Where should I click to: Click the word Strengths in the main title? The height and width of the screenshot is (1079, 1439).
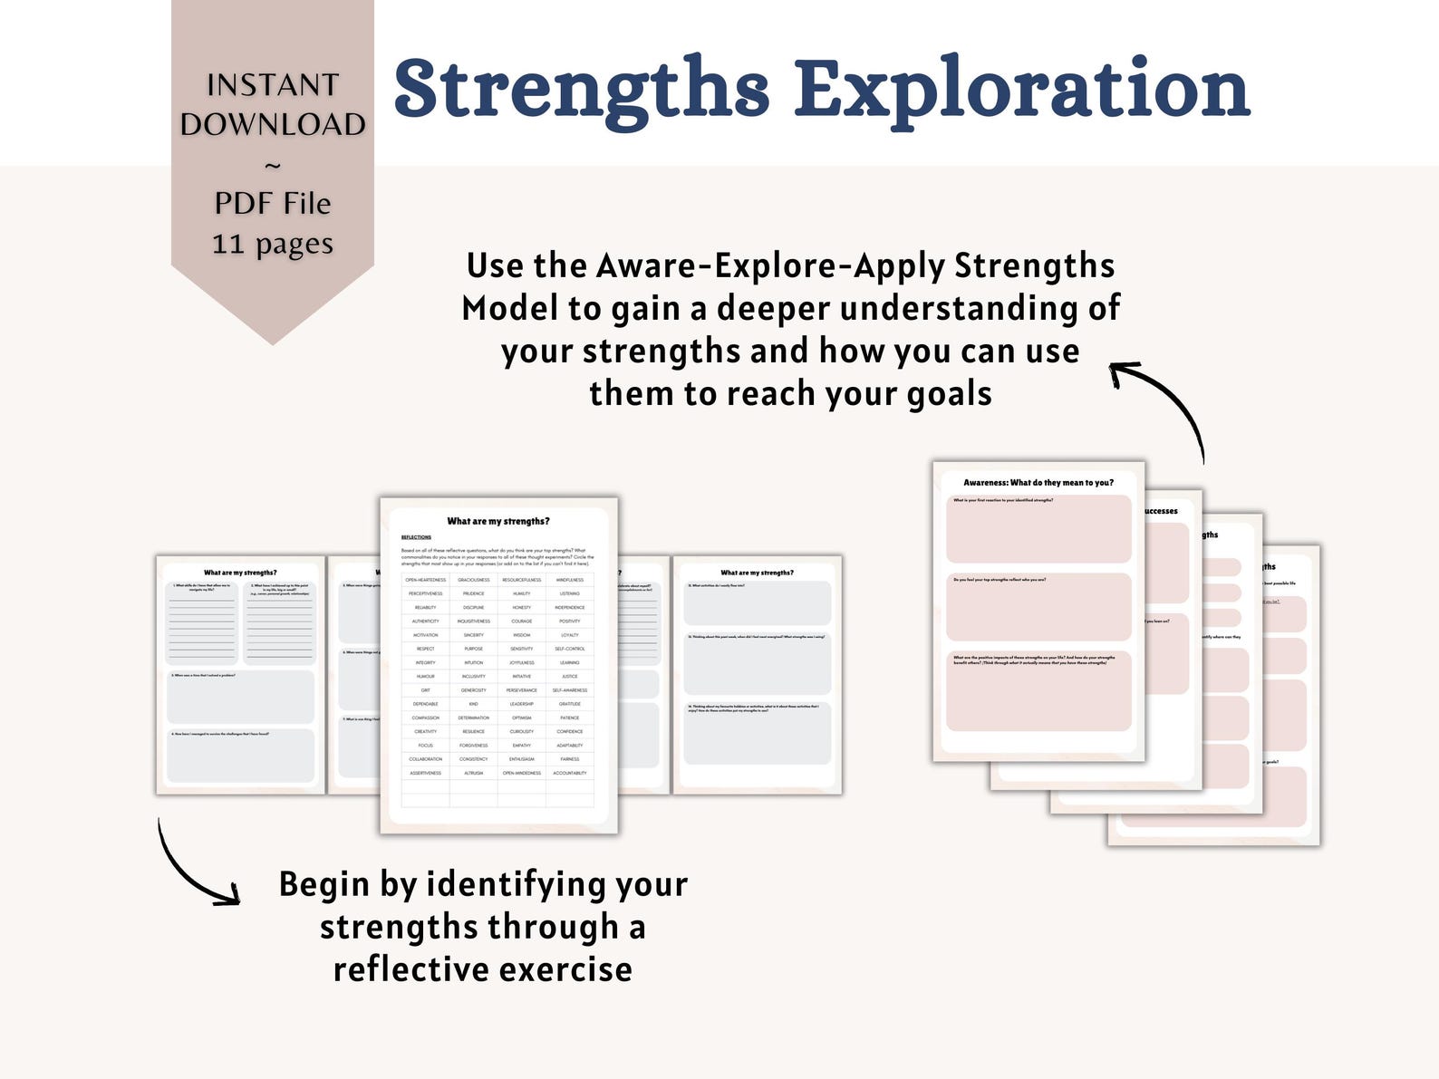tap(581, 89)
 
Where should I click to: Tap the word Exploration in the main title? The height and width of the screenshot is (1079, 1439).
tap(1022, 89)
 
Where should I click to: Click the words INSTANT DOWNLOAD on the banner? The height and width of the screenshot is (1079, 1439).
tap(273, 104)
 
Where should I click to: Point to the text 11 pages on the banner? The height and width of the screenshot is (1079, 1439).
tap(273, 243)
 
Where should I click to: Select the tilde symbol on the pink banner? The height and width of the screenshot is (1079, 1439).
tap(273, 165)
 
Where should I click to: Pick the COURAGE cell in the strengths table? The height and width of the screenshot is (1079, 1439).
tap(521, 621)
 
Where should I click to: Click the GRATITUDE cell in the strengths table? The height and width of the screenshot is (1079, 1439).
tap(569, 704)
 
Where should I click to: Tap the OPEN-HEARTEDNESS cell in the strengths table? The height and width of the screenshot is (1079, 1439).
tap(425, 580)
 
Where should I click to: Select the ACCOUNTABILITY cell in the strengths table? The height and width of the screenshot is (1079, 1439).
tap(569, 773)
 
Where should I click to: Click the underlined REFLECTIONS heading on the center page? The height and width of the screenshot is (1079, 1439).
tap(416, 537)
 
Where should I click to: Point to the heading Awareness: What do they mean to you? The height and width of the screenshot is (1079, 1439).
tap(1038, 483)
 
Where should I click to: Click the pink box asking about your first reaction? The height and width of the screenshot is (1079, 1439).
tap(1038, 530)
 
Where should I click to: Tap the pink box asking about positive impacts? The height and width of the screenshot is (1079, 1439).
tap(1038, 693)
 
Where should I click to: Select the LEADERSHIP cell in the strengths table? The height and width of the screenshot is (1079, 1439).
tap(521, 704)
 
